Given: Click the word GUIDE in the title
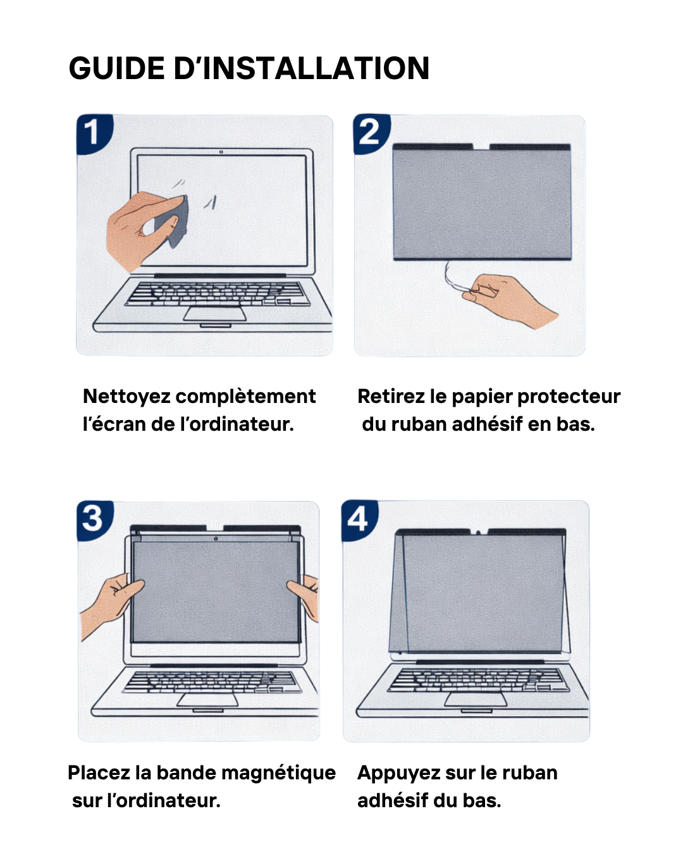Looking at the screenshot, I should (x=117, y=68).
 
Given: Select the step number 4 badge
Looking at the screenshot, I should (x=359, y=519).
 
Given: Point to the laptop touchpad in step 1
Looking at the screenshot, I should (x=215, y=314).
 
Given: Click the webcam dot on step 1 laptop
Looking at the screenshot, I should (x=221, y=152).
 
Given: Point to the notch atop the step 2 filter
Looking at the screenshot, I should (x=481, y=149).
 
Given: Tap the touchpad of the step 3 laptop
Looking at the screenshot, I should (x=208, y=700).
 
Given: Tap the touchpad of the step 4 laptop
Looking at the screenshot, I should (x=476, y=699).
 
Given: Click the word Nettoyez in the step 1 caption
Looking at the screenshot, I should (x=126, y=397).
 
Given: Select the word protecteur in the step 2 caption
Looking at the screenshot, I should (x=569, y=397).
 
